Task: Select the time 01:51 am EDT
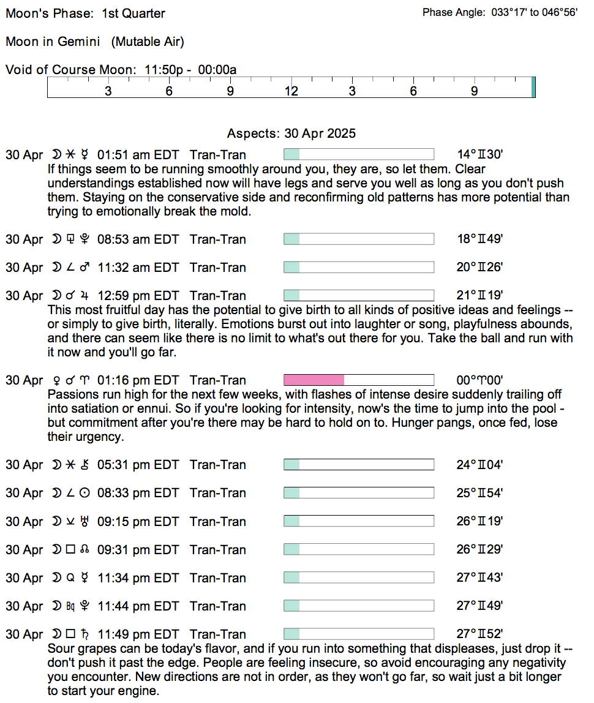[x=138, y=155]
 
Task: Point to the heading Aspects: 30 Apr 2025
[x=291, y=133]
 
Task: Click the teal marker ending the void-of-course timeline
[x=533, y=87]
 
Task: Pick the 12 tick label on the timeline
[x=291, y=92]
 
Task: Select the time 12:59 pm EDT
[x=138, y=296]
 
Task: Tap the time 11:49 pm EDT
[x=138, y=634]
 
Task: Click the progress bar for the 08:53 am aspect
[x=358, y=239]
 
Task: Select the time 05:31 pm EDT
[x=138, y=465]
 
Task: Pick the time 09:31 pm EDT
[x=138, y=550]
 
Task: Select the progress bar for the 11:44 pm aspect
[x=358, y=606]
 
